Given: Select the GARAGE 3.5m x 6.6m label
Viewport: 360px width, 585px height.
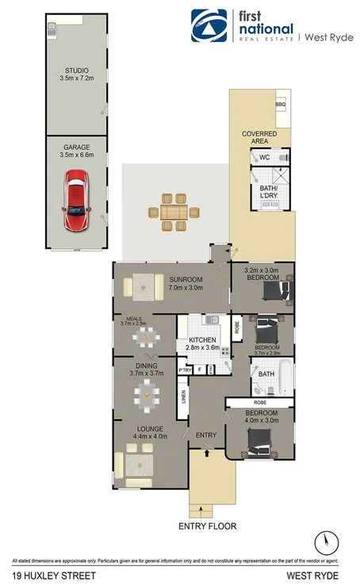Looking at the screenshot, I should (77, 151).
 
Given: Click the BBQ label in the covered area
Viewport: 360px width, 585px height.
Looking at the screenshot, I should (280, 105).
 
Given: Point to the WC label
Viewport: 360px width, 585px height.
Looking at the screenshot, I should (266, 158).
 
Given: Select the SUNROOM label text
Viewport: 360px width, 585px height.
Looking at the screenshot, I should (186, 280).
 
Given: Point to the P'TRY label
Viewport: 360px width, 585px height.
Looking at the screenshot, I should (185, 369).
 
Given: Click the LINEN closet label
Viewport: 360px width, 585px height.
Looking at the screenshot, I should (183, 396).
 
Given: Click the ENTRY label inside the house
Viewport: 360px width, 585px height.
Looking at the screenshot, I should (206, 434).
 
